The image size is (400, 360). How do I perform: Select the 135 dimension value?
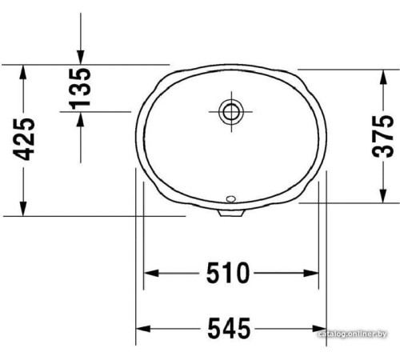point(80,87)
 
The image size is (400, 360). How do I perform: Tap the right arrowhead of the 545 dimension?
point(320,327)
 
